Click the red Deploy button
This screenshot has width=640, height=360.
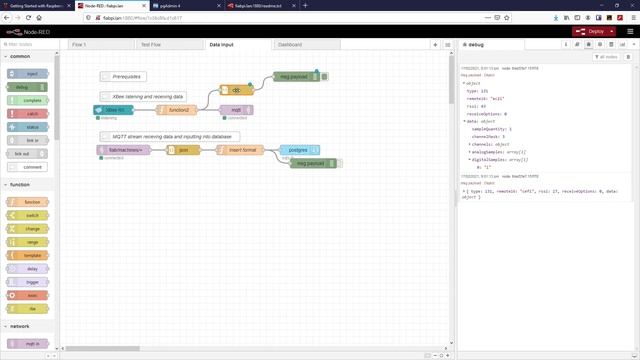pos(593,31)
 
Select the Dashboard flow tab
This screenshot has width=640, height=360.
pos(290,45)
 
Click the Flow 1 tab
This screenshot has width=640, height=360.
pos(80,45)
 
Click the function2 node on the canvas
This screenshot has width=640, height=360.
pos(177,110)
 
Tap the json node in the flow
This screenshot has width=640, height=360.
pos(184,149)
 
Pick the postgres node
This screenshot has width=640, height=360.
pos(298,149)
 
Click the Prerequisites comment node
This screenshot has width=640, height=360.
pos(125,76)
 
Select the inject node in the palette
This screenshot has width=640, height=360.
pos(31,74)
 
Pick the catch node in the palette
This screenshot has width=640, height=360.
pos(31,114)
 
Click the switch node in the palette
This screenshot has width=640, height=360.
pos(31,215)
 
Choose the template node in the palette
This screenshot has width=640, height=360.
pos(31,256)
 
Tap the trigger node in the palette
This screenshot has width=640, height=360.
pos(31,283)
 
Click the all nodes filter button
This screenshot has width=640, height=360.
pos(605,57)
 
